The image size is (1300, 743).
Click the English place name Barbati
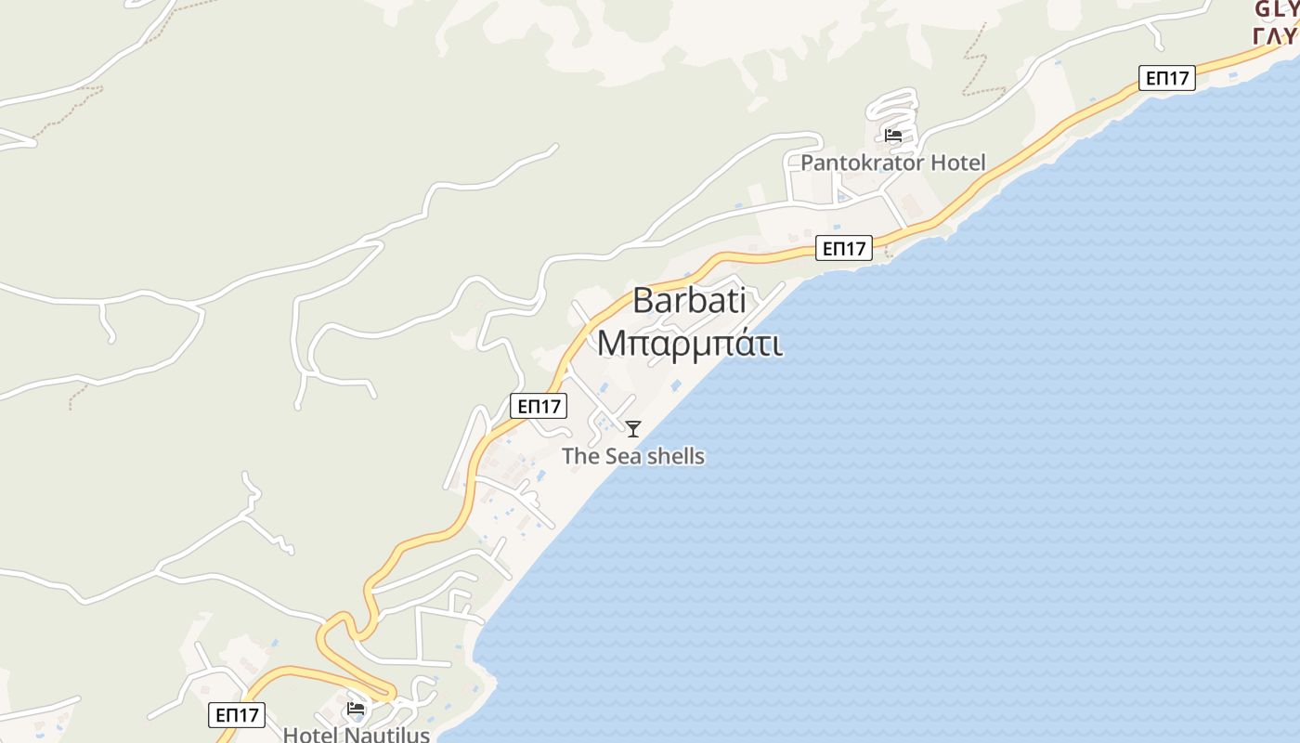click(690, 301)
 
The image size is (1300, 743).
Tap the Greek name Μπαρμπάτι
click(689, 343)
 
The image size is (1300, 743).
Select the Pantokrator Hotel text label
click(892, 163)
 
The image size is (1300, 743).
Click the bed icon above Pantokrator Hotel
click(893, 136)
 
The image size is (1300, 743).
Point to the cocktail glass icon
click(633, 428)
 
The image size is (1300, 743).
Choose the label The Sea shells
click(633, 456)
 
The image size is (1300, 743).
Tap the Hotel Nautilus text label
click(356, 734)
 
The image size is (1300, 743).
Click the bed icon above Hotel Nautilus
click(356, 709)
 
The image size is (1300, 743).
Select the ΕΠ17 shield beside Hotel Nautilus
click(236, 715)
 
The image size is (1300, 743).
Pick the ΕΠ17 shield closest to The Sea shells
click(539, 406)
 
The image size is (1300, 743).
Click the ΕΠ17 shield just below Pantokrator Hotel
click(844, 248)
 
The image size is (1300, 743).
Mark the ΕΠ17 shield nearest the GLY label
click(1167, 78)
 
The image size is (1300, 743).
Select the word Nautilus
click(388, 734)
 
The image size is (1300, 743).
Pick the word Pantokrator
click(864, 163)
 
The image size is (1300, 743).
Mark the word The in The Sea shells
click(580, 456)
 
